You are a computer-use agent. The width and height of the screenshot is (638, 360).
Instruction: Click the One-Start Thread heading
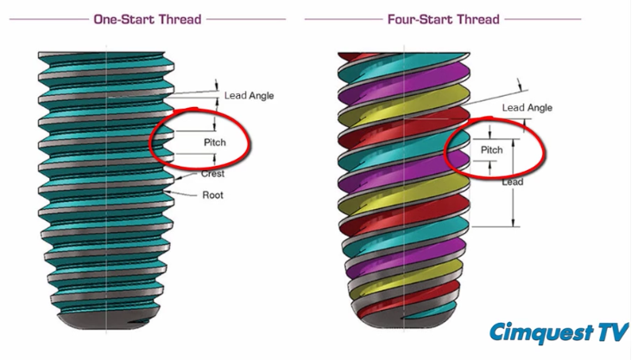tap(148, 19)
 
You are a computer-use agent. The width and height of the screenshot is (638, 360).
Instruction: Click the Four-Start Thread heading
tap(444, 19)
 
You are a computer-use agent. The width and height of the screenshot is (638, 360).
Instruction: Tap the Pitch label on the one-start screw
tap(215, 142)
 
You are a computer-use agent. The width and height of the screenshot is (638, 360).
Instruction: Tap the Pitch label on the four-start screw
tap(491, 149)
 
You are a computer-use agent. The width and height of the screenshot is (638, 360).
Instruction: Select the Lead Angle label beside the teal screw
tap(249, 96)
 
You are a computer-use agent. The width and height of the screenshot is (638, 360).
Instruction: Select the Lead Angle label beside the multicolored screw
tap(527, 108)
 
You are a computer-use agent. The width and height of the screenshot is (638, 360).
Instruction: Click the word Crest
tap(212, 174)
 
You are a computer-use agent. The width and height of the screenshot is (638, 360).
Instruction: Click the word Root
tap(212, 195)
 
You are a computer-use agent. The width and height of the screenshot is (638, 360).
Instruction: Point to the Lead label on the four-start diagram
tap(512, 182)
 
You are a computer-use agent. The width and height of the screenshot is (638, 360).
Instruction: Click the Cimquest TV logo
tap(559, 332)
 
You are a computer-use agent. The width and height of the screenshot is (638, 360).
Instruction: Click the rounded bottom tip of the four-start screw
tap(403, 319)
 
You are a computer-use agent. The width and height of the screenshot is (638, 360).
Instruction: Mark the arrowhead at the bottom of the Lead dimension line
tap(513, 223)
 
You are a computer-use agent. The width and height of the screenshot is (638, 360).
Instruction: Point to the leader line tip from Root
tap(165, 191)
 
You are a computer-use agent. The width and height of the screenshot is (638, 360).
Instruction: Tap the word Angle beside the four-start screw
tap(539, 108)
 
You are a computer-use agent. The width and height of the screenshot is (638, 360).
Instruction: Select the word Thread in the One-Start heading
tap(180, 19)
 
